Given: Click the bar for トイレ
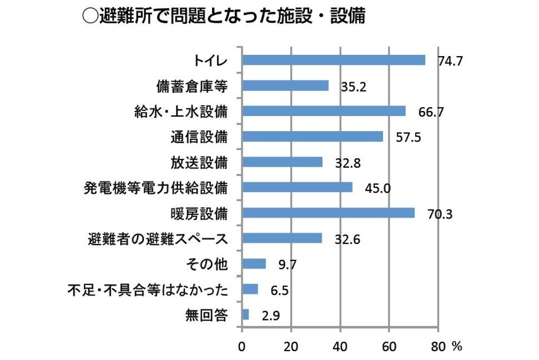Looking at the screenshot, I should click(334, 60).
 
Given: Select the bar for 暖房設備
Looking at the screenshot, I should click(329, 213).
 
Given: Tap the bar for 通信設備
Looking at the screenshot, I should click(313, 137).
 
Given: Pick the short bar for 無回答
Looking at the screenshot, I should click(246, 314).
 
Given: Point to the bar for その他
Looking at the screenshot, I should click(254, 264).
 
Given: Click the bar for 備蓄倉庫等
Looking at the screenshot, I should click(285, 86).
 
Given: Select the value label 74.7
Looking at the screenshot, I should click(450, 62).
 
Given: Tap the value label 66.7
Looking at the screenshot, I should click(430, 112).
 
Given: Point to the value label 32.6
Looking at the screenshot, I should click(347, 239).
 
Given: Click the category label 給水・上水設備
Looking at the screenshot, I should click(182, 111).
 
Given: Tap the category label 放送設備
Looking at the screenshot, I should click(199, 162).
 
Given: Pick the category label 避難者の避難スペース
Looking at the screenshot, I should click(158, 238).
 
